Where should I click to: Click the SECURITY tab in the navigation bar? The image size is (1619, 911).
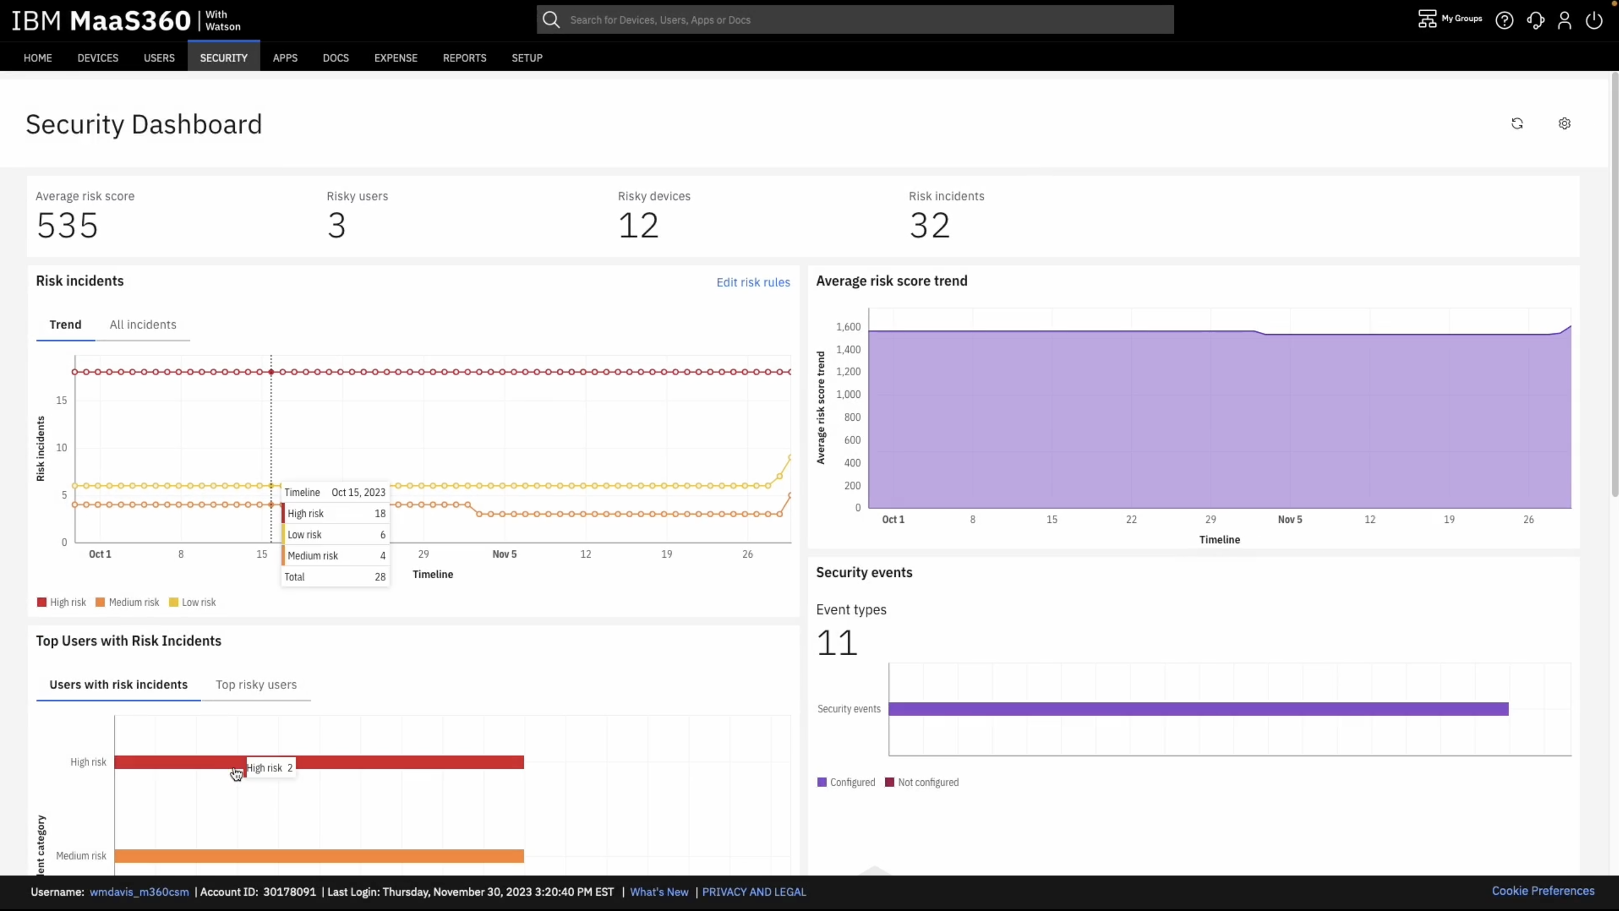point(223,58)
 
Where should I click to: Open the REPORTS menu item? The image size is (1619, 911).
point(464,58)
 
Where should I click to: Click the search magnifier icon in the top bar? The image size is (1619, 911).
point(551,20)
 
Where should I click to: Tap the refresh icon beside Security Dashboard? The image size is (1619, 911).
point(1516,124)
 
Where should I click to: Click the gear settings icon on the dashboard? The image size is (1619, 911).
point(1564,124)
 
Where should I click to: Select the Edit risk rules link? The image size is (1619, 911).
point(753,282)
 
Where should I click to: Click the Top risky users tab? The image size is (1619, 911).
point(256,684)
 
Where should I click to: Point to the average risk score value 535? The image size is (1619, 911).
point(67,225)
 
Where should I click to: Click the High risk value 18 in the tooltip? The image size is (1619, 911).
point(380,513)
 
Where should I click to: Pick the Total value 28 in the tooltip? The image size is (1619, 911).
point(380,577)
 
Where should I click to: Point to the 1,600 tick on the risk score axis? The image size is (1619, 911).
point(848,327)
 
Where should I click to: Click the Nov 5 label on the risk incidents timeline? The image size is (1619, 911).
point(504,554)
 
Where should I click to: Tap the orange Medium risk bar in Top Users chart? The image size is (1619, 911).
point(318,856)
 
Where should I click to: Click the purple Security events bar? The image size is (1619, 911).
point(1198,709)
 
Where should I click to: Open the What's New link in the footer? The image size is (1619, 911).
point(659,891)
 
